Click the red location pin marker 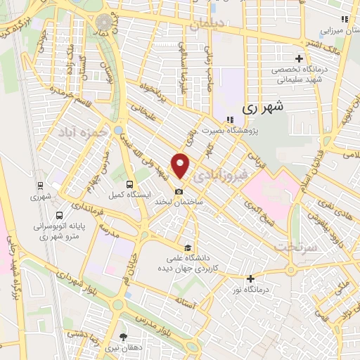(181, 166)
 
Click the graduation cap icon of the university (187, 247)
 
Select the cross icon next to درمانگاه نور (250, 278)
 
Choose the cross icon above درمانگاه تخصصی (299, 58)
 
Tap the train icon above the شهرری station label (41, 186)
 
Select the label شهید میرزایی (335, 30)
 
